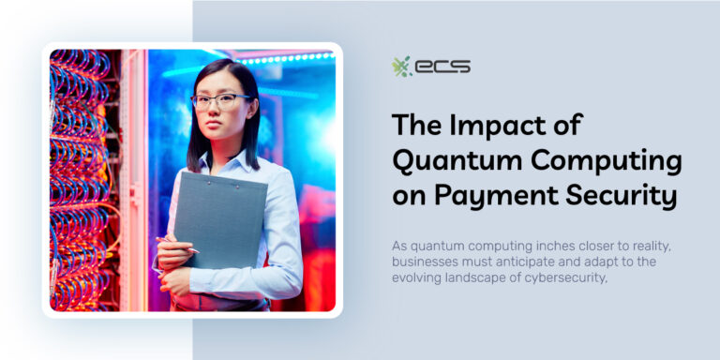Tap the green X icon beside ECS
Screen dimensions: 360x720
tap(401, 67)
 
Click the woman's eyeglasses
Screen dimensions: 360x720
tap(220, 100)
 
